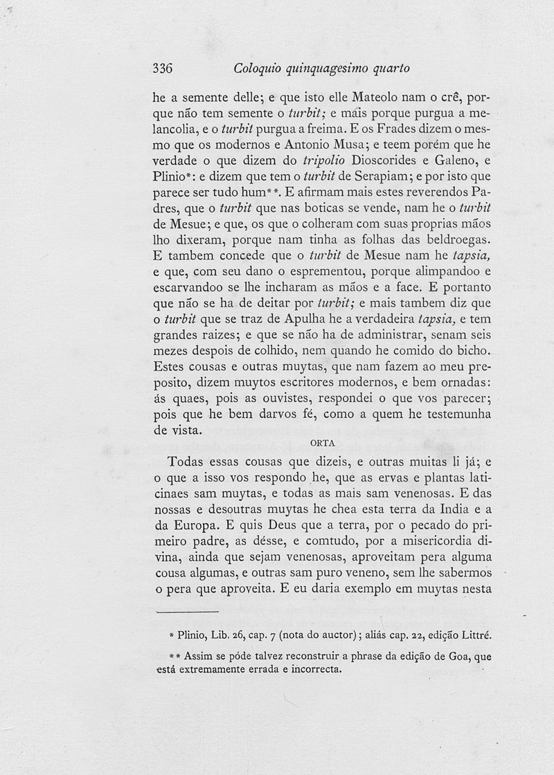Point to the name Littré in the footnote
tap(474, 635)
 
